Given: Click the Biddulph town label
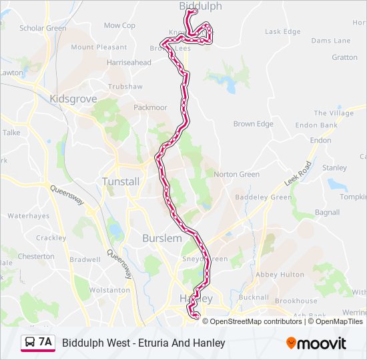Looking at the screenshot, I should pyautogui.click(x=200, y=6).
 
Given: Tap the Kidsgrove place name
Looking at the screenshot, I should pyautogui.click(x=73, y=99).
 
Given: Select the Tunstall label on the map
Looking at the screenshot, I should pyautogui.click(x=121, y=181).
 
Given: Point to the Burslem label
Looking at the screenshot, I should pyautogui.click(x=161, y=238).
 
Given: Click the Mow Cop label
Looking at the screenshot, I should pyautogui.click(x=119, y=26).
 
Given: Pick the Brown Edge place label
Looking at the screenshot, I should pyautogui.click(x=253, y=124).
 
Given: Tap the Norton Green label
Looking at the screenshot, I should pyautogui.click(x=236, y=175).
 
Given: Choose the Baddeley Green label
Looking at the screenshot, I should pyautogui.click(x=264, y=197).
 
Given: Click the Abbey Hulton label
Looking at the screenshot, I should pyautogui.click(x=275, y=275).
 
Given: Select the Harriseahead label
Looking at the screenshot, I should pyautogui.click(x=129, y=63).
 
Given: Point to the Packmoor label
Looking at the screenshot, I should pyautogui.click(x=150, y=107).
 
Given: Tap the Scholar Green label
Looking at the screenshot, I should pyautogui.click(x=43, y=29).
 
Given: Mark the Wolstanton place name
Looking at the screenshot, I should pyautogui.click(x=110, y=291).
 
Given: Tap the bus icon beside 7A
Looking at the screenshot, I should pyautogui.click(x=30, y=343).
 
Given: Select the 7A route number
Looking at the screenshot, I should pyautogui.click(x=45, y=343).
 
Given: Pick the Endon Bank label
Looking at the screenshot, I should pyautogui.click(x=316, y=125).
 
